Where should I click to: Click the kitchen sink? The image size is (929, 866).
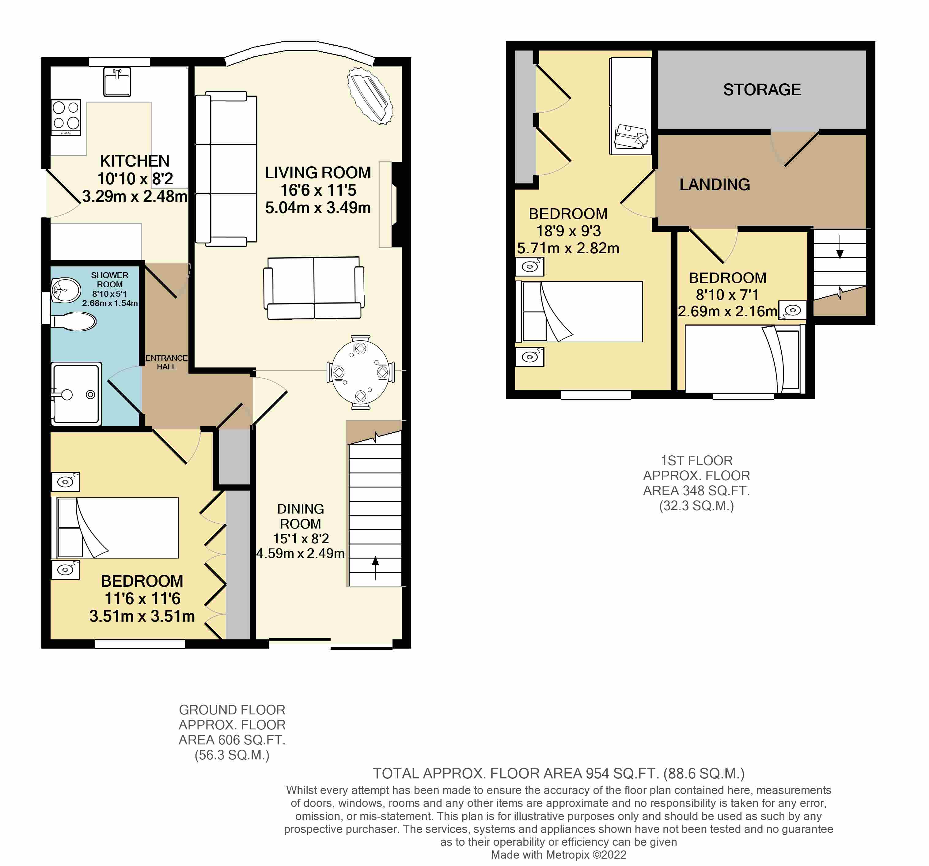point(117,82)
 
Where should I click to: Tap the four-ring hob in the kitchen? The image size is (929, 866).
point(66,117)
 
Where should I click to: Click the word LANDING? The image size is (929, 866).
point(715,185)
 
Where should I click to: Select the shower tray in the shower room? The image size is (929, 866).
point(76,393)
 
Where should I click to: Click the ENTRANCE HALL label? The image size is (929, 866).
point(166,362)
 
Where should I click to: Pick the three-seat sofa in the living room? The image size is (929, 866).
point(226,169)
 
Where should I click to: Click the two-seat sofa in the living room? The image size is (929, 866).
point(313,288)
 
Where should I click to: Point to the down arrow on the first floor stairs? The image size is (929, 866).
point(840,247)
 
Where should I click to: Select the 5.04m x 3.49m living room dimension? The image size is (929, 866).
point(318,207)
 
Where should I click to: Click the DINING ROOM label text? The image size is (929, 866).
point(301,516)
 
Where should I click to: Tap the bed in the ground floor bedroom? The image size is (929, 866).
point(115,528)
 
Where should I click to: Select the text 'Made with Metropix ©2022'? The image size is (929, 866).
point(559,855)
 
